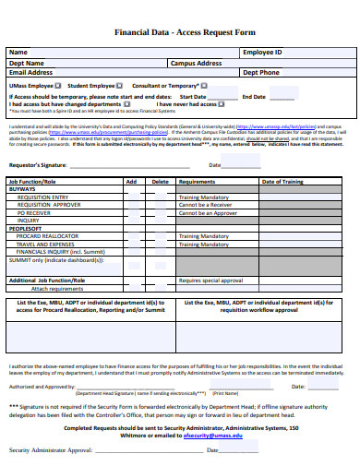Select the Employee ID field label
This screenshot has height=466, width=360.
262,53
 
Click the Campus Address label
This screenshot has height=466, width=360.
196,63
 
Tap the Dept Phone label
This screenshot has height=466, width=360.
260,72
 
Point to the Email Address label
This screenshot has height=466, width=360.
30,72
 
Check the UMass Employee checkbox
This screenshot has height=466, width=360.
57,85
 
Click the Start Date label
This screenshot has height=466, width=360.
193,96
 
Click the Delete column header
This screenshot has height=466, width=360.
160,183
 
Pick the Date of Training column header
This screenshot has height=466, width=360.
282,183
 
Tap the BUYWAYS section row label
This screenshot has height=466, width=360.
23,189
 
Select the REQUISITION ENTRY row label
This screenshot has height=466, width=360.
42,197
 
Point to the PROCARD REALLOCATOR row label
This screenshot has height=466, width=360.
46,235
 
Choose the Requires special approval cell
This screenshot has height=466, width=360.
210,280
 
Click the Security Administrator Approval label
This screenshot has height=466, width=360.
51,450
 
